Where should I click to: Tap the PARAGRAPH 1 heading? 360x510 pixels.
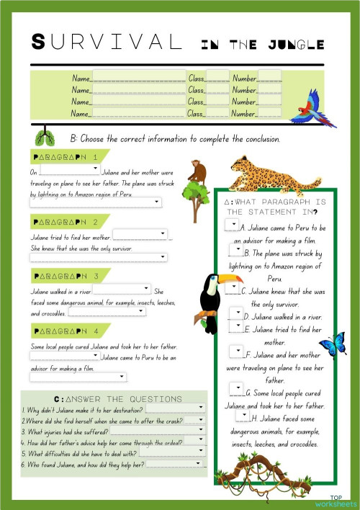(66, 156)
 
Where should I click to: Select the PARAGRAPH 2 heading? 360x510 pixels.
(66, 222)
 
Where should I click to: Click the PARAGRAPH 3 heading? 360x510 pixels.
(66, 277)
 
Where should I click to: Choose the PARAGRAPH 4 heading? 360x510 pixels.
(66, 331)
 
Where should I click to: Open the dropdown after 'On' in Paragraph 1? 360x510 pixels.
(69, 170)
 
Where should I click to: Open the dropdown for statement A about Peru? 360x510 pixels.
(231, 225)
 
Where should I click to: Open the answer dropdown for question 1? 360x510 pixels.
(199, 407)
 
